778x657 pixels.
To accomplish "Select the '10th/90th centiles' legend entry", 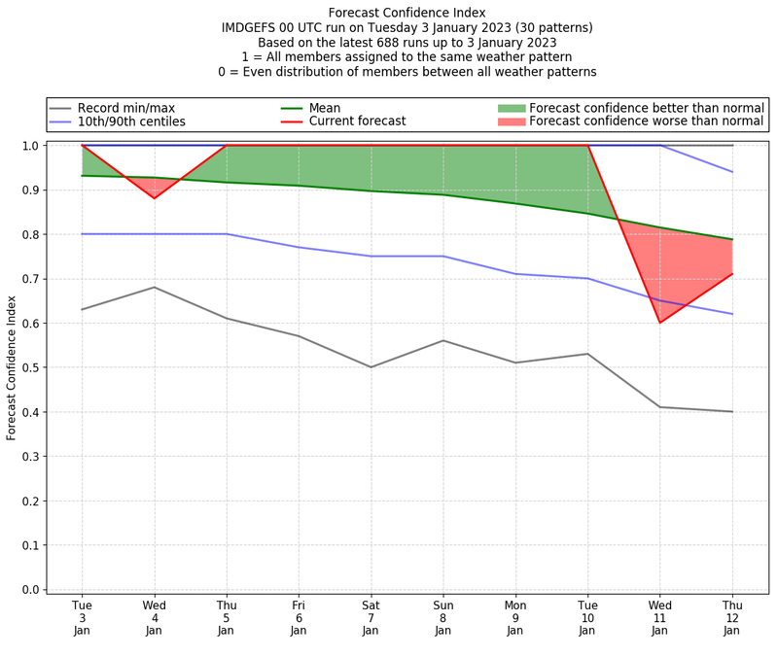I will pos(145,122).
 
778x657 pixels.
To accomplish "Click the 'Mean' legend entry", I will pos(352,108).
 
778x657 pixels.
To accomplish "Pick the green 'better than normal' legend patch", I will pos(511,108).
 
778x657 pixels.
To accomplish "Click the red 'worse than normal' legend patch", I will pos(511,122).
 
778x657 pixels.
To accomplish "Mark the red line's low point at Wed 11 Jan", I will pos(659,350).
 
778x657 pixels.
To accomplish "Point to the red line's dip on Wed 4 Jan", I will pos(154,198).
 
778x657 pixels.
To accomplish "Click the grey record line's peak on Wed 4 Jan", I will pos(154,287).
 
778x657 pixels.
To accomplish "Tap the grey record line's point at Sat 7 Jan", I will pos(371,367).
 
